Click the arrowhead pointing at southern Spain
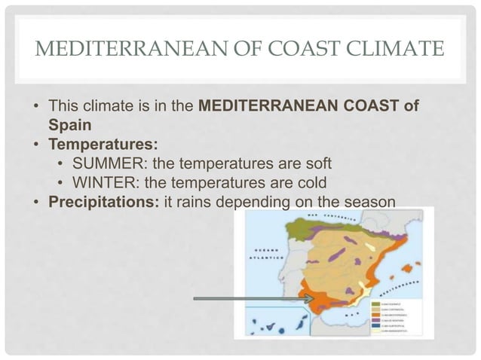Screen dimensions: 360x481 coord(309,300)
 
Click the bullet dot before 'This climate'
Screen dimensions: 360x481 coord(35,105)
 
